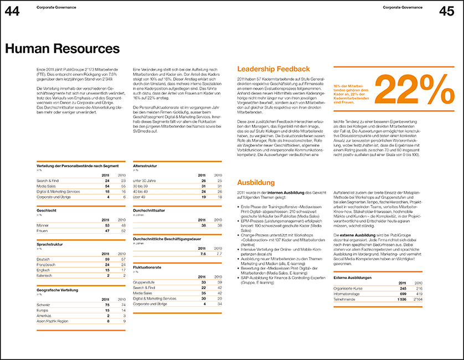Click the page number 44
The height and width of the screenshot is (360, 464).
(13, 11)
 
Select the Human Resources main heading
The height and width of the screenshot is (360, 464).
(62, 49)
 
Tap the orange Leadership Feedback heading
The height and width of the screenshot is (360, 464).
(274, 69)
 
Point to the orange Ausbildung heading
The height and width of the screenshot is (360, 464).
(256, 182)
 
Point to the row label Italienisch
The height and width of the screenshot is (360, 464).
(45, 275)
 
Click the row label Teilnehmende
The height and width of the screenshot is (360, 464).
(344, 299)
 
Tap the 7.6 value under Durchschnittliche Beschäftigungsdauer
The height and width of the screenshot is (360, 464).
(203, 254)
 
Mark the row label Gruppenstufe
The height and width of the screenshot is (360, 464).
(144, 282)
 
